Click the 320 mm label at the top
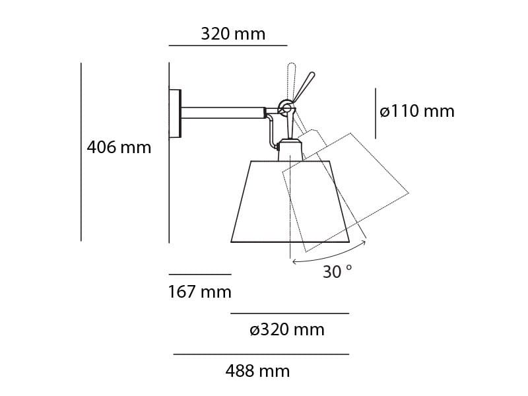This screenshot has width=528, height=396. [233, 34]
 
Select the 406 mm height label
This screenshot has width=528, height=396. [119, 147]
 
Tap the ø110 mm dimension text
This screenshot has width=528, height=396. [417, 112]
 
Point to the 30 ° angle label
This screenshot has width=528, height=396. [337, 271]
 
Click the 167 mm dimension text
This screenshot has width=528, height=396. [199, 291]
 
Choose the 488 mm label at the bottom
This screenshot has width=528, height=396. [257, 371]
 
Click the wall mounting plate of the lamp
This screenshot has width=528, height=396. [175, 114]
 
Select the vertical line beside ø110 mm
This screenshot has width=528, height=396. [376, 114]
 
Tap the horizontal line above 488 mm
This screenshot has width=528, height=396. [261, 354]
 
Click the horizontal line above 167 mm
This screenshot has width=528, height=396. [199, 274]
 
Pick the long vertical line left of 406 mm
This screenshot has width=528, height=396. [81, 152]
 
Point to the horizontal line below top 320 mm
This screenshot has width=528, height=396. [228, 46]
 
